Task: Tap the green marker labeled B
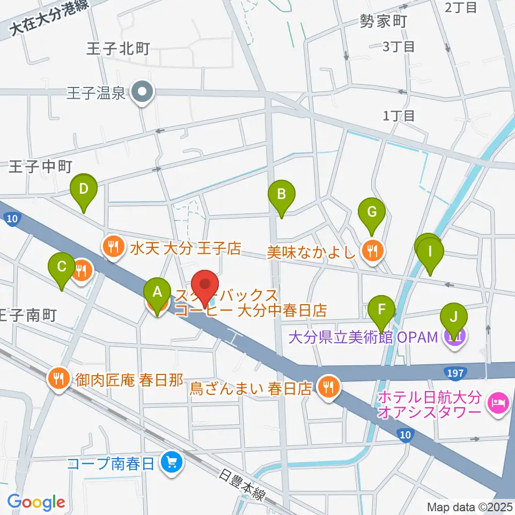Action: pyautogui.click(x=281, y=193)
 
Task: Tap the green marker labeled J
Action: pyautogui.click(x=454, y=316)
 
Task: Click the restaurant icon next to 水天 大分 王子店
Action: pyautogui.click(x=112, y=247)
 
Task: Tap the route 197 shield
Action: pyautogui.click(x=455, y=371)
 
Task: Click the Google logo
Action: pyautogui.click(x=36, y=502)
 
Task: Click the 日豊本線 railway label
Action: pyautogui.click(x=242, y=486)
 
